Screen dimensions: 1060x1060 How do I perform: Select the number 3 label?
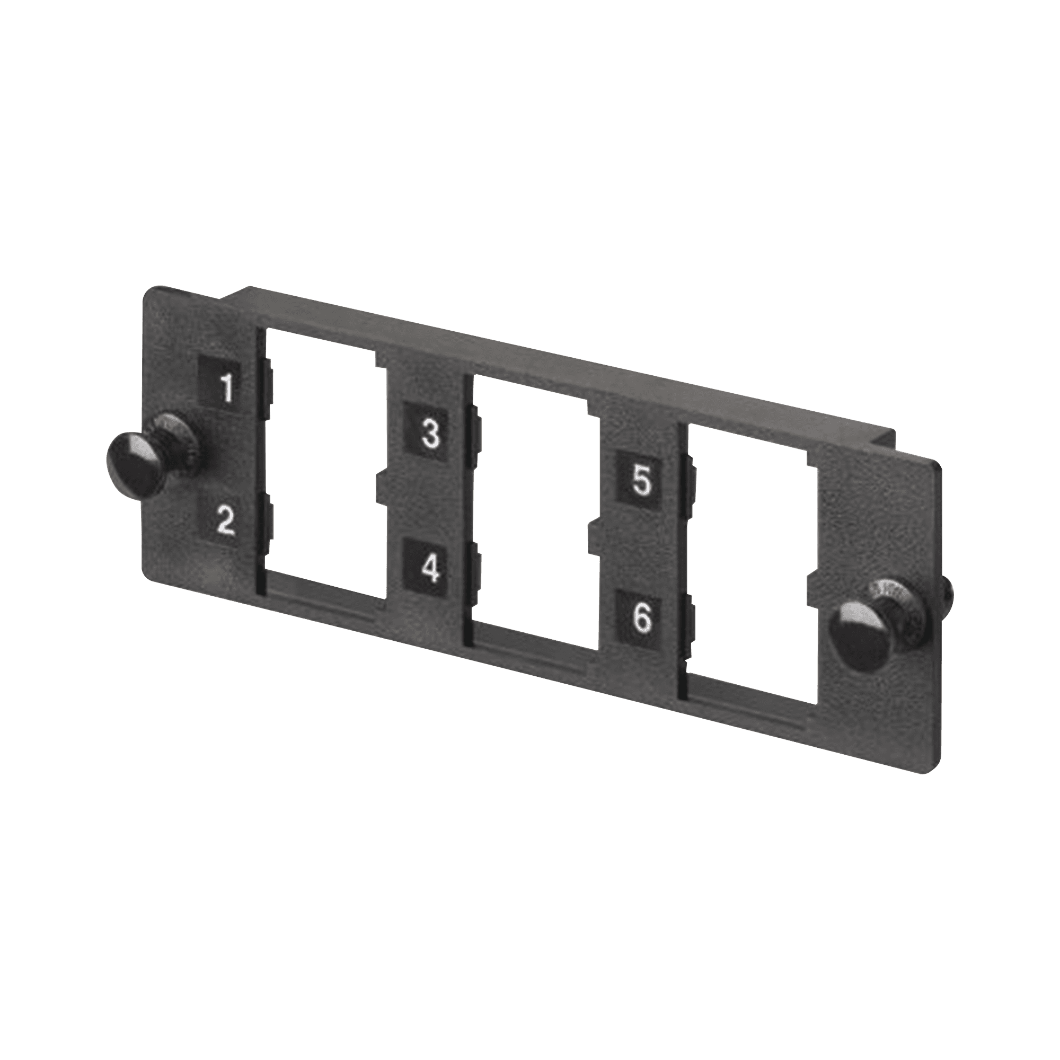[431, 434]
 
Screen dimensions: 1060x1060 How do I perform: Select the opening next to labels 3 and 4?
[529, 508]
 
